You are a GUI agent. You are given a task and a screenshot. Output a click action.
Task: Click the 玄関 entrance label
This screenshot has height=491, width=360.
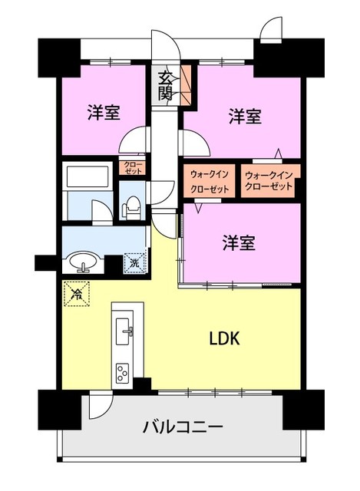(x=165, y=85)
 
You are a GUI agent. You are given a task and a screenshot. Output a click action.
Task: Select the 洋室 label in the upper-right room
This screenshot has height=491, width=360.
(x=245, y=117)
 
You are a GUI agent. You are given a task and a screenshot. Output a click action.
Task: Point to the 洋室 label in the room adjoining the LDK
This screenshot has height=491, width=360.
(x=239, y=242)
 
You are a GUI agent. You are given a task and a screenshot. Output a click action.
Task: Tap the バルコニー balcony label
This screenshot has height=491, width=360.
(x=183, y=427)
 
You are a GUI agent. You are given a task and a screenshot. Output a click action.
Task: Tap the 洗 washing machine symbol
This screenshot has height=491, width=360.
(x=134, y=262)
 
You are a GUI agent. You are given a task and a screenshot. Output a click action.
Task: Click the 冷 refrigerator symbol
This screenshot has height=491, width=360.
(x=76, y=292)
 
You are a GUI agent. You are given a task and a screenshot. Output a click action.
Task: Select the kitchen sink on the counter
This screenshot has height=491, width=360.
(x=125, y=333)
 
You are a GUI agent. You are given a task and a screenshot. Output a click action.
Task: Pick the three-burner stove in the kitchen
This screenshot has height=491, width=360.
(x=124, y=373)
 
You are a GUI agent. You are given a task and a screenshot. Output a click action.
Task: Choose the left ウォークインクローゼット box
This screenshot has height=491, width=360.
(x=209, y=181)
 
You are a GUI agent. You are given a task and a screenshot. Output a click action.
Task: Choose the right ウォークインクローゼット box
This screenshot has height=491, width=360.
(x=269, y=181)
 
